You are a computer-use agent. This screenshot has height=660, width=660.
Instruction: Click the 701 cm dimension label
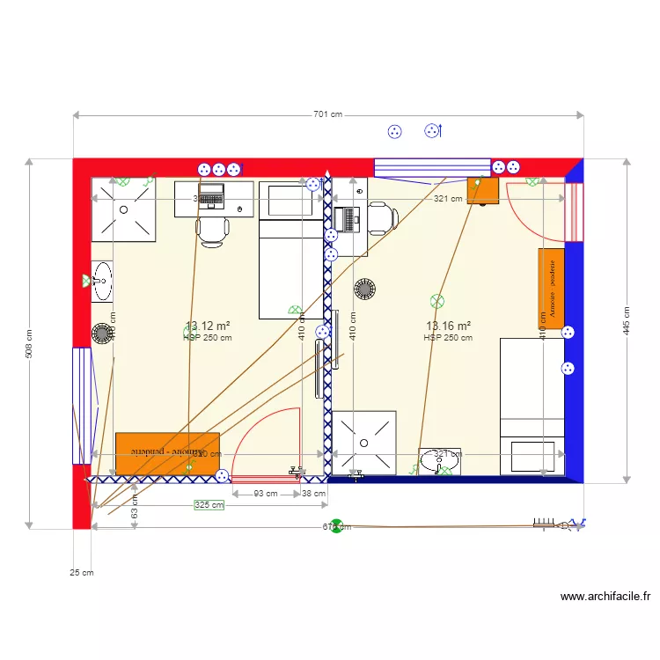click(327, 115)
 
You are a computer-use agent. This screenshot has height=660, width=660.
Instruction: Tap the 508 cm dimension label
click(30, 344)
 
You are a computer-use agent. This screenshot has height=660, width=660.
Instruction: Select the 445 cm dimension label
click(627, 321)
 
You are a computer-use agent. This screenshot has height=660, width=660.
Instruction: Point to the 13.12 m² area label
click(208, 326)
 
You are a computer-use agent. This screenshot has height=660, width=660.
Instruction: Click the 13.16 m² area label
click(448, 326)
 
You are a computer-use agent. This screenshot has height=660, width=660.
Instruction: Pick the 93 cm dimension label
click(265, 494)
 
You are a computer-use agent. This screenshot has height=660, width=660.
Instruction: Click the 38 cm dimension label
click(312, 494)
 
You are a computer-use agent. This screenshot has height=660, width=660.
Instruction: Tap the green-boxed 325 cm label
click(209, 505)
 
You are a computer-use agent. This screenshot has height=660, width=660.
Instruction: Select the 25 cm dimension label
click(82, 573)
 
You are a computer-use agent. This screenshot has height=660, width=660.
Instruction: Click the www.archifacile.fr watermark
click(605, 597)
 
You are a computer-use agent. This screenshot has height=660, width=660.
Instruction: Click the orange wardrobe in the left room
click(167, 452)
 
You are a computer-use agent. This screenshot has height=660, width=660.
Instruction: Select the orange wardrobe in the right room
click(552, 289)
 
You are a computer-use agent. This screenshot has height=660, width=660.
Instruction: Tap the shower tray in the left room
click(123, 209)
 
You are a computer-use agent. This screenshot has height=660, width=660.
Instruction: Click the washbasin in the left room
click(102, 281)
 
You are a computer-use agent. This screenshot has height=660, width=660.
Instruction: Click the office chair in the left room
click(214, 231)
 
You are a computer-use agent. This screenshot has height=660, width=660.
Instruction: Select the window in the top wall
click(432, 167)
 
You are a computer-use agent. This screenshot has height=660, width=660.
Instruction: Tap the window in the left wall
click(82, 405)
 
